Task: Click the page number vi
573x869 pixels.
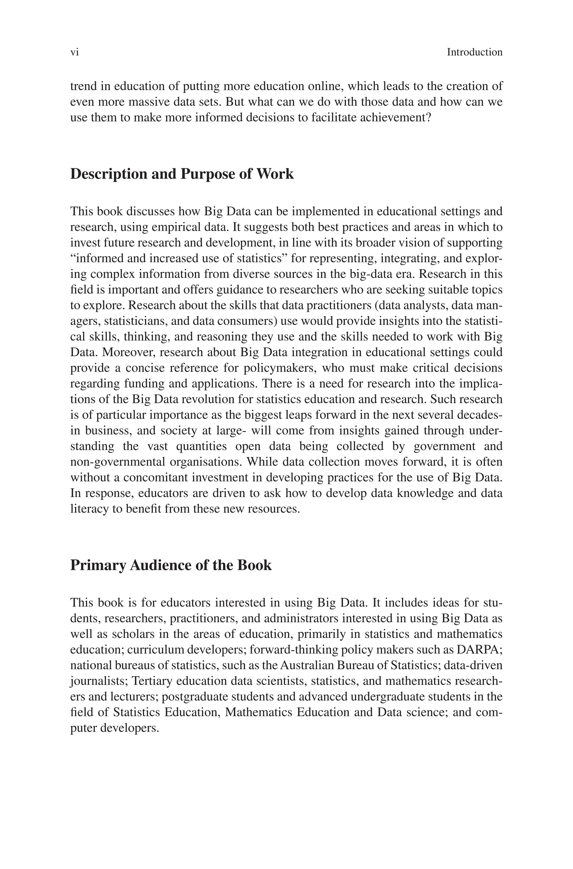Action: (74, 52)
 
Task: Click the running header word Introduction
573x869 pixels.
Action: (474, 52)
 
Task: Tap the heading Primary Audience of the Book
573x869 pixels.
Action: (171, 565)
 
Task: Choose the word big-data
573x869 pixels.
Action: (371, 274)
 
